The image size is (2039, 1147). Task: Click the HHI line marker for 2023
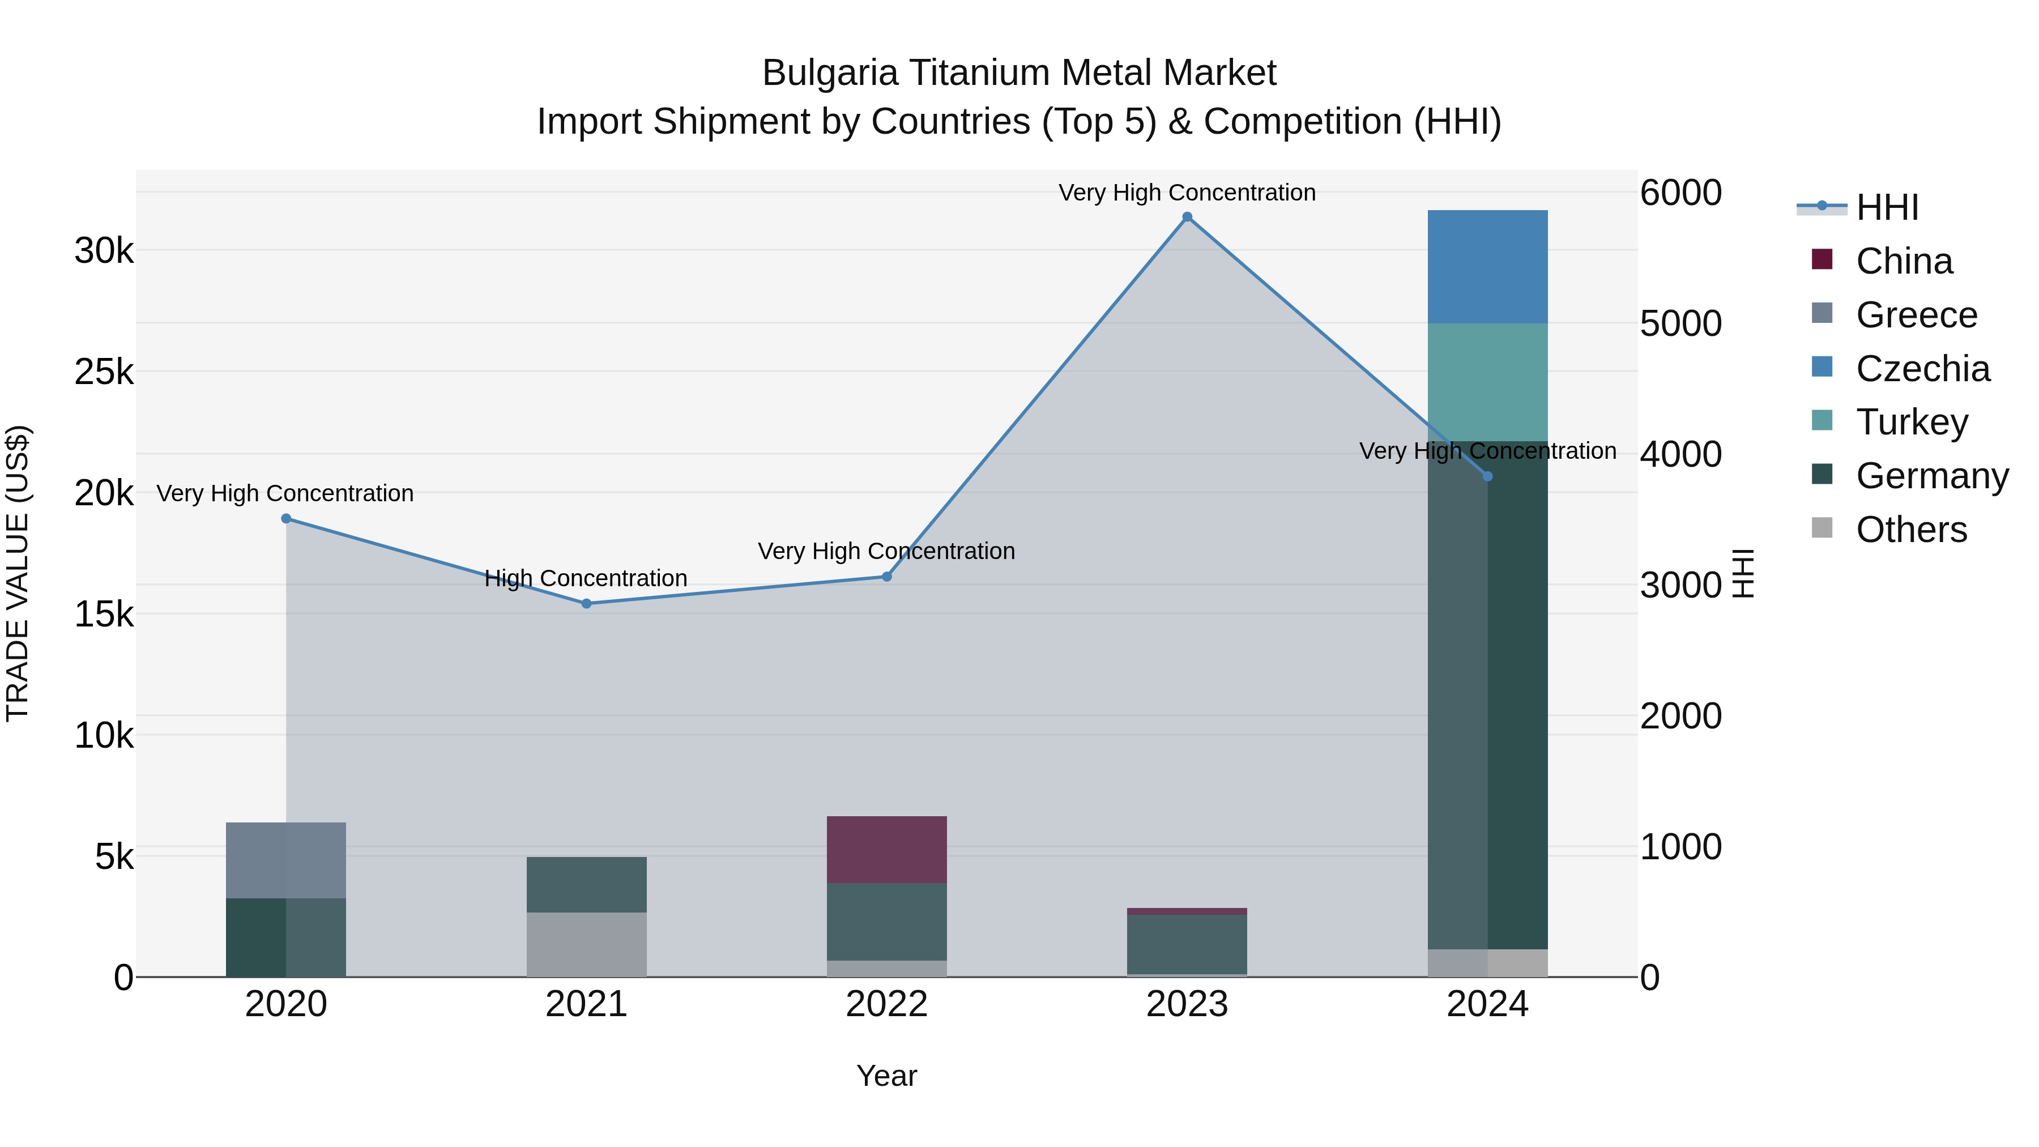tap(1187, 217)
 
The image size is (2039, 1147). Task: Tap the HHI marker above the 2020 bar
tap(287, 518)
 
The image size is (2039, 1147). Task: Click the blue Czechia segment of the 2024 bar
tap(1487, 267)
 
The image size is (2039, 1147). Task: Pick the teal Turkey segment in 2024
tap(1487, 382)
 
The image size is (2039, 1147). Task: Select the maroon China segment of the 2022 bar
tap(886, 850)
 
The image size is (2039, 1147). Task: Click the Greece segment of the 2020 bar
tap(287, 860)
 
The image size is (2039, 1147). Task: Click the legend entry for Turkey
tap(1912, 422)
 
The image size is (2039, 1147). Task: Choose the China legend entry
tap(1904, 261)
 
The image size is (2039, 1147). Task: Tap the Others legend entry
tap(1911, 530)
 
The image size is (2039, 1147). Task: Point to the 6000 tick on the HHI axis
tap(1680, 193)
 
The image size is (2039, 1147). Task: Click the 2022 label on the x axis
tap(886, 1004)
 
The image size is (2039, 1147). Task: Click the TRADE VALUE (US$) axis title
tap(18, 573)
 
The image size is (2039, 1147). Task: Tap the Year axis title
tap(886, 1076)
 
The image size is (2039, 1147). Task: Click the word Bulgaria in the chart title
tap(830, 73)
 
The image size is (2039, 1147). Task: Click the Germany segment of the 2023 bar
tap(1187, 944)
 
